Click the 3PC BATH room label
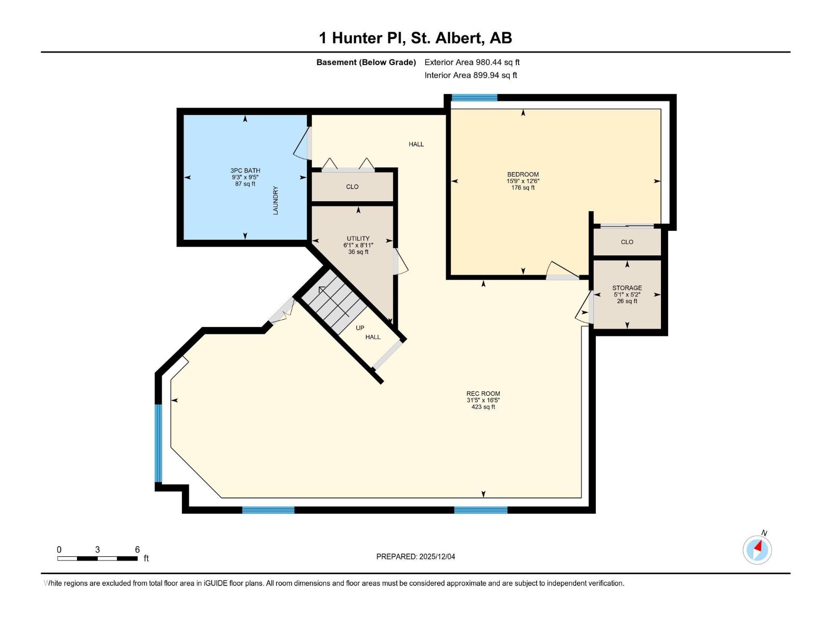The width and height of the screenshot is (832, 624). [245, 171]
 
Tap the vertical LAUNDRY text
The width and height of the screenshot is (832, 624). [276, 200]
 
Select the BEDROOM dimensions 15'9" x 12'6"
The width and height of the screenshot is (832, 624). [523, 181]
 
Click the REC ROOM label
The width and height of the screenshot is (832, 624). [483, 394]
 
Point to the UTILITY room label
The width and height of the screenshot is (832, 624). [358, 239]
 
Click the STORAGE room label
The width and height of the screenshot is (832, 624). [627, 288]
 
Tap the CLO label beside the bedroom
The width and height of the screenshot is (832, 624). [627, 242]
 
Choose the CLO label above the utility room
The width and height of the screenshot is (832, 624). [352, 187]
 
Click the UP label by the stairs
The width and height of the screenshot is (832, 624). [360, 328]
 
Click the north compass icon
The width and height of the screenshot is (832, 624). [757, 549]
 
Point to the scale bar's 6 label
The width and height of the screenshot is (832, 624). [137, 550]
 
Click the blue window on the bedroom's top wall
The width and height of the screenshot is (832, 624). [474, 97]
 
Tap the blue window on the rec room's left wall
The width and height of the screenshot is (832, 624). [159, 443]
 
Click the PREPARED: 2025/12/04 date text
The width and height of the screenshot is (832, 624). [415, 556]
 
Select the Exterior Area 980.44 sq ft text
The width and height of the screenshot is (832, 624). [472, 62]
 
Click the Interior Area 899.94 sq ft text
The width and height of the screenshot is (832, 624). [471, 75]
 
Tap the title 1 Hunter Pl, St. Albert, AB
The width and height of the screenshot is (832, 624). [415, 38]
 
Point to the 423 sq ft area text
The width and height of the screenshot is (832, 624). [483, 407]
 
